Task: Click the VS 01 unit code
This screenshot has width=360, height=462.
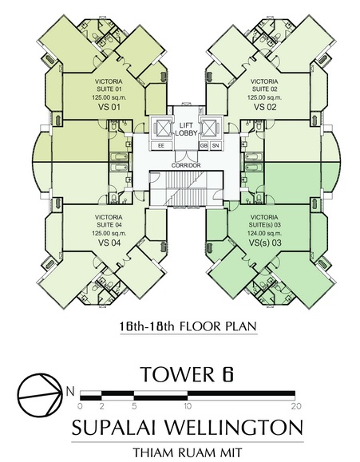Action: coord(109,107)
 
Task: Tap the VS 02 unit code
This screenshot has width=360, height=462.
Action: coord(265,107)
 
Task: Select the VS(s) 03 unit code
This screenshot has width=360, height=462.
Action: coord(265,243)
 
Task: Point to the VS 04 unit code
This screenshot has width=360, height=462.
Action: coord(109,243)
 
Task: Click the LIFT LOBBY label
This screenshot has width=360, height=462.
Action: coord(186,129)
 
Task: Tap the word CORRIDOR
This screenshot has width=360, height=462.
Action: coord(186,165)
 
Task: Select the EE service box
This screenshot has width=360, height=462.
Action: coord(161,145)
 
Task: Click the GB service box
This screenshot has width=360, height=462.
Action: coord(204,145)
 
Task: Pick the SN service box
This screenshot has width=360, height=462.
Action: coord(216,145)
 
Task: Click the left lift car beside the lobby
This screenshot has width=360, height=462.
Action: coord(161,128)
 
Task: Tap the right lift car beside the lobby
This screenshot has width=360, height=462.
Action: coord(210,128)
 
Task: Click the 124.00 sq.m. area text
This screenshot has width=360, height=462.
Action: coord(264,233)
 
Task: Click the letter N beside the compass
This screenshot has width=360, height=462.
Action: coord(70,392)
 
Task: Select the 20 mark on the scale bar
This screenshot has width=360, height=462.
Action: coord(295,406)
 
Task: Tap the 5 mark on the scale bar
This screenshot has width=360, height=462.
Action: coord(134,406)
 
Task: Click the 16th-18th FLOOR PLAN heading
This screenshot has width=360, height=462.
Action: coord(188,326)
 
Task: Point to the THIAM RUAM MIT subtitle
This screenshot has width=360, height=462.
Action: coord(188,452)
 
